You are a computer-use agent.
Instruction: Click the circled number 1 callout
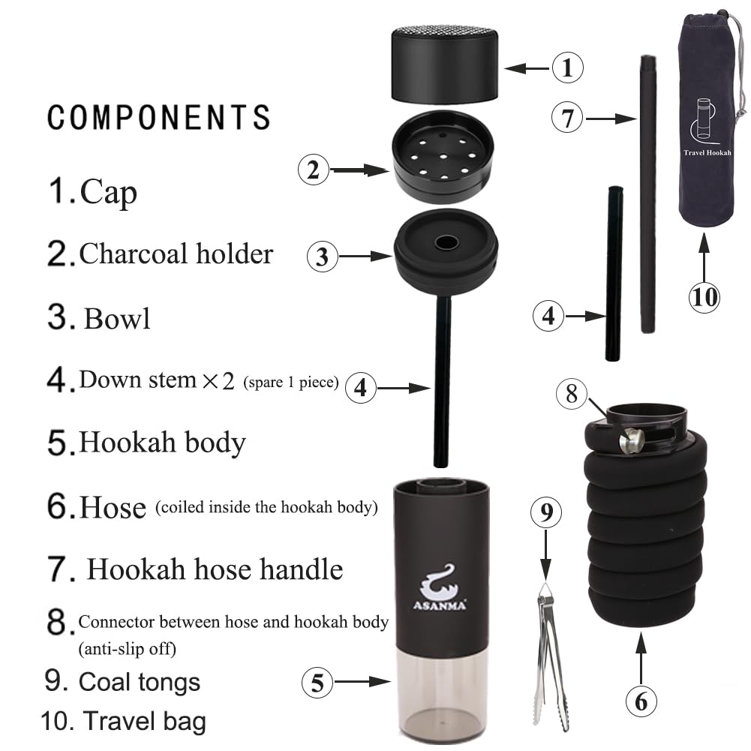(567, 68)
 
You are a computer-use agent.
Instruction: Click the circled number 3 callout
(323, 257)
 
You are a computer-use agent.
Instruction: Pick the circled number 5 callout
(317, 683)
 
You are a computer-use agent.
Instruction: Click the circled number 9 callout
(546, 514)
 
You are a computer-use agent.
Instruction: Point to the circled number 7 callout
(567, 118)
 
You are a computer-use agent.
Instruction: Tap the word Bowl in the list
(117, 318)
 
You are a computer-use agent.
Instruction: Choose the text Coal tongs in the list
(140, 682)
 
